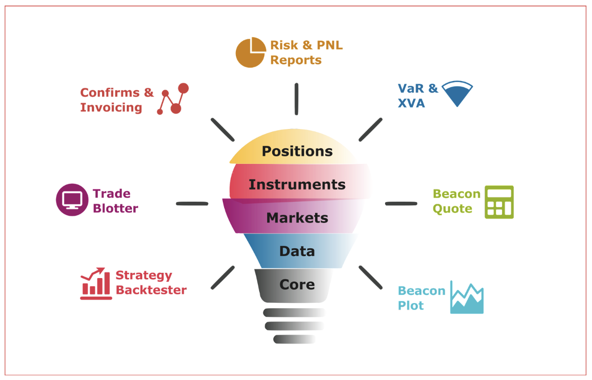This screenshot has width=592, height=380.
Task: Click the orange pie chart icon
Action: [x=250, y=52]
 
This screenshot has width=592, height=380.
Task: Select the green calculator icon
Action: [x=499, y=202]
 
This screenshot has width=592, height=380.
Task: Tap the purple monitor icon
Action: [x=72, y=200]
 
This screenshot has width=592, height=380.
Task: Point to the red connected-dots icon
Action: [x=173, y=99]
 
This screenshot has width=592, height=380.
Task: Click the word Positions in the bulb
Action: [x=297, y=151]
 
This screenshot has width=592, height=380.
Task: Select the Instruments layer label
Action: [x=297, y=184]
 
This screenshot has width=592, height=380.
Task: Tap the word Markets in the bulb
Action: [x=297, y=218]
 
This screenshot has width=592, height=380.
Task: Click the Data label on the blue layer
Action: [x=297, y=251]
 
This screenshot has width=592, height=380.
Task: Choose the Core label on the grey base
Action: [x=297, y=285]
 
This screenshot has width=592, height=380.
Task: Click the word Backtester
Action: [x=151, y=290]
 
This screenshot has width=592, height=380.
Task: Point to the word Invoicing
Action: [x=111, y=108]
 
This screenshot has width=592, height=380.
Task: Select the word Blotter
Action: [x=116, y=208]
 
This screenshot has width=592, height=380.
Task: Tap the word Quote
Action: [x=453, y=209]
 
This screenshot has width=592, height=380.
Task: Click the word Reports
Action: [x=296, y=61]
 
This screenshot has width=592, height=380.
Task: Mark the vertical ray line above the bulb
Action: [x=296, y=99]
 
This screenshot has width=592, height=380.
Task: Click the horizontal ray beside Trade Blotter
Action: [x=192, y=204]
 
